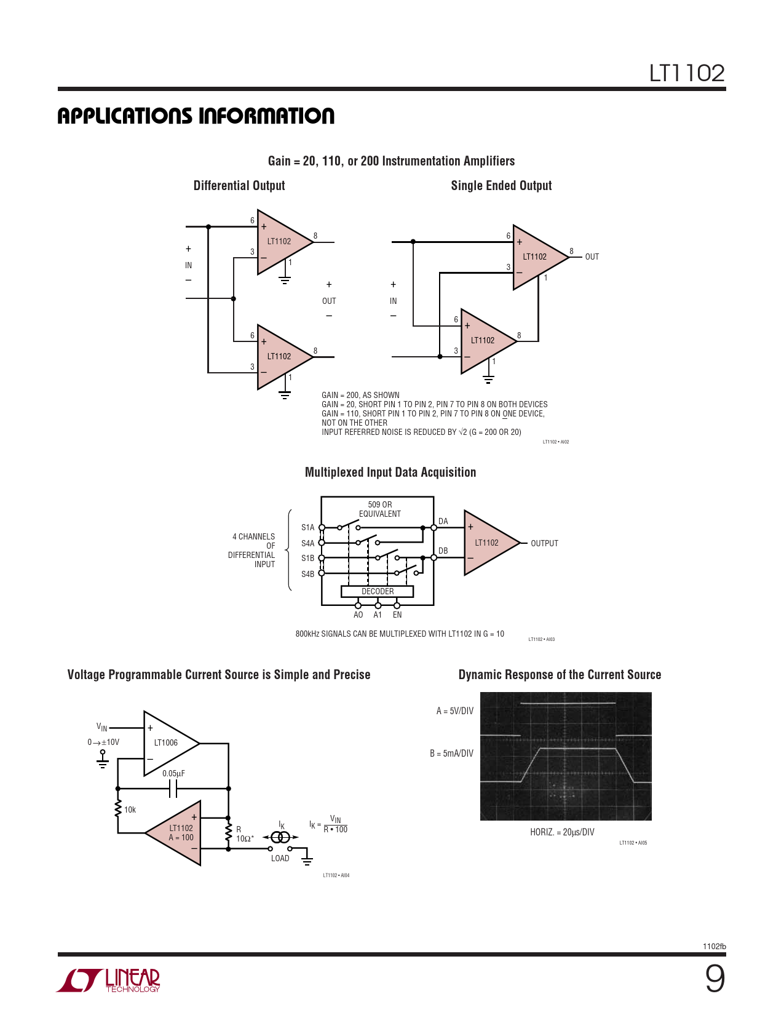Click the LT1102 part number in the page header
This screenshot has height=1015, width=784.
click(687, 73)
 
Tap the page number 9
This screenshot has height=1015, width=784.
click(715, 979)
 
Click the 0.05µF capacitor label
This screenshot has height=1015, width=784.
click(173, 773)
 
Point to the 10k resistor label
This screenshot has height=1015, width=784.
click(130, 810)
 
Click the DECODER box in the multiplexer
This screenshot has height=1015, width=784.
click(377, 591)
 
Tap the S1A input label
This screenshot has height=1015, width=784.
click(307, 527)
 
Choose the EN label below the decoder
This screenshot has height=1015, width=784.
click(397, 615)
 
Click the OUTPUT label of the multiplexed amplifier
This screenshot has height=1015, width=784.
click(544, 543)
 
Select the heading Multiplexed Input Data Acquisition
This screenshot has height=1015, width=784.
click(390, 472)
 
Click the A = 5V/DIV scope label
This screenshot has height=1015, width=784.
click(454, 711)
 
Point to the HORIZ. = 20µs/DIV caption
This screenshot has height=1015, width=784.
click(562, 832)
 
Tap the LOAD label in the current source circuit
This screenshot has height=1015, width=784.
click(280, 858)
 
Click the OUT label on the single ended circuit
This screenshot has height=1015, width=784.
click(592, 257)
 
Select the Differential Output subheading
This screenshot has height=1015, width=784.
click(239, 186)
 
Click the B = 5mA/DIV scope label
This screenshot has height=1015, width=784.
click(451, 754)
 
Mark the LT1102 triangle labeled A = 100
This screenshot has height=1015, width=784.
click(179, 833)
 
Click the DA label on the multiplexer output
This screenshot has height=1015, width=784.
click(443, 521)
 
